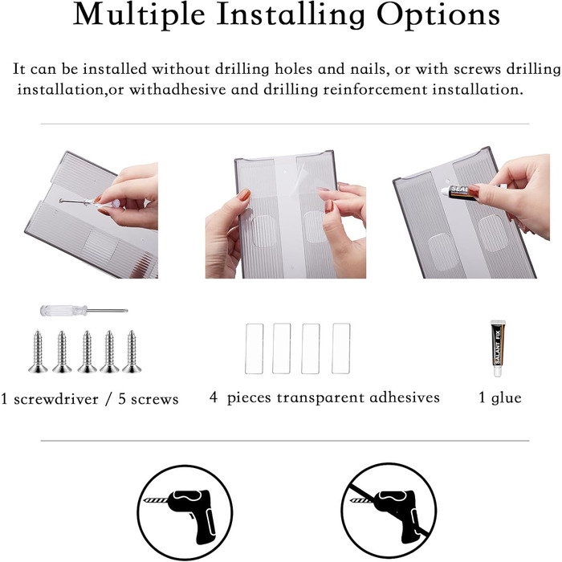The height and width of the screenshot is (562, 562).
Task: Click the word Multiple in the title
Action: (139, 14)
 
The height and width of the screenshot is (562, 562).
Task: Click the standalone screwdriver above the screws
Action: (83, 311)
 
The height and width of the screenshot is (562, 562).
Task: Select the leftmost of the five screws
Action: (38, 352)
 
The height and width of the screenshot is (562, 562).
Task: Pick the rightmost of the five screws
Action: (132, 352)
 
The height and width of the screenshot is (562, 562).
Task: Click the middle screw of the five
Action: (87, 352)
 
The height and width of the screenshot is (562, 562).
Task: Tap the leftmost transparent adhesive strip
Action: (255, 348)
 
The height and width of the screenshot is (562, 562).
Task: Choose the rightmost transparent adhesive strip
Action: (341, 348)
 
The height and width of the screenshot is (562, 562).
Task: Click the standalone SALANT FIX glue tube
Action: (498, 348)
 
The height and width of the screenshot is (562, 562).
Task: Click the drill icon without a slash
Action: (185, 512)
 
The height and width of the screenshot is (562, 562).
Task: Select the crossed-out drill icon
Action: (389, 511)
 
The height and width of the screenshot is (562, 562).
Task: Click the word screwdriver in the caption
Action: (56, 399)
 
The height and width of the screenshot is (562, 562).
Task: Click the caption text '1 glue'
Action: (500, 398)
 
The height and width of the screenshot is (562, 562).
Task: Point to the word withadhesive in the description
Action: (177, 90)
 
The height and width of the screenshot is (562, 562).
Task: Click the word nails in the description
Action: (370, 69)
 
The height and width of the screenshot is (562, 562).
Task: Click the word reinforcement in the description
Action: (375, 90)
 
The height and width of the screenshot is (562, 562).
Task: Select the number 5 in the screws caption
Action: (122, 399)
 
